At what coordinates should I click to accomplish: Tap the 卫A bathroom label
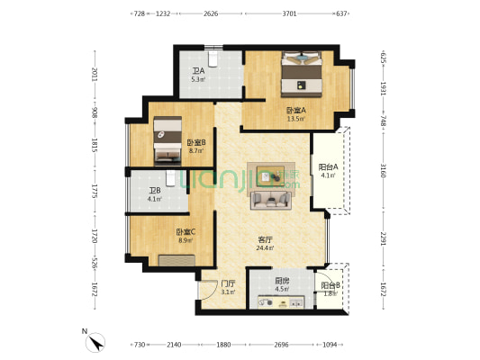pos(197,71)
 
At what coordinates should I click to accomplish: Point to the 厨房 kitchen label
pos(281,280)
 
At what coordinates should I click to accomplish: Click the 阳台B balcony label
pos(331,285)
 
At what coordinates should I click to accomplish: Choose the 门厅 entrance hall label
pos(228,283)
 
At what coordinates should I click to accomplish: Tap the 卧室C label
pos(186,232)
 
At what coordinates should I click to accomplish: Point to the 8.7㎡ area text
pos(196,150)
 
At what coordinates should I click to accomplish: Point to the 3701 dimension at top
pos(288,14)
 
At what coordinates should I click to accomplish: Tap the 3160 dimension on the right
pos(383,170)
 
